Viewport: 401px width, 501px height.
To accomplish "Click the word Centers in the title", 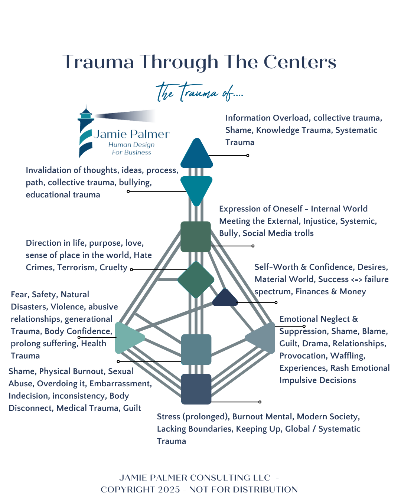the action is [x=300, y=62].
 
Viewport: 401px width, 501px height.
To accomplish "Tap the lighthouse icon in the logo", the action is [x=86, y=131].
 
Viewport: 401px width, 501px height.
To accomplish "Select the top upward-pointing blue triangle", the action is [x=197, y=153].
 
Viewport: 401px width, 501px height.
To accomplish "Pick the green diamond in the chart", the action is [x=196, y=279].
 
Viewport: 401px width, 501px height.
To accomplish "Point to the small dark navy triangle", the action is [x=225, y=298].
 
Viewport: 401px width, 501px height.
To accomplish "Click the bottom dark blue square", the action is [x=196, y=389].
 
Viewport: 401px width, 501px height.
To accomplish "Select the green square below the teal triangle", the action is [x=196, y=236].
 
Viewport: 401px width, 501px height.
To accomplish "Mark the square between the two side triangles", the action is [x=196, y=350].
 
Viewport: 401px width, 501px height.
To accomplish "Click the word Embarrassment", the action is [x=121, y=383].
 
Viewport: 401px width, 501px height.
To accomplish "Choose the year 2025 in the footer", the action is [x=169, y=489].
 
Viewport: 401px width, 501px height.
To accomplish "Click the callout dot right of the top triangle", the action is [x=248, y=155].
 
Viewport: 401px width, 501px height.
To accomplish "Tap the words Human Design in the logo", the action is [x=131, y=145].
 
